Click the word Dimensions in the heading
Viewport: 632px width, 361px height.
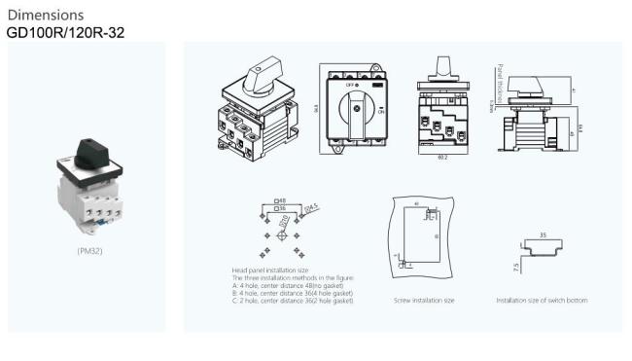tap(45, 15)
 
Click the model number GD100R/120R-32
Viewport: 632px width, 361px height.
tap(65, 32)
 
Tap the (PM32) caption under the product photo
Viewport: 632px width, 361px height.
tap(91, 250)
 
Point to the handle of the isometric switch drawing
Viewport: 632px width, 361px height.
tap(263, 72)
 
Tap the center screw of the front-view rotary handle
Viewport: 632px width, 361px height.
tap(357, 110)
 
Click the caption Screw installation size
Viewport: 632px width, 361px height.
tap(424, 301)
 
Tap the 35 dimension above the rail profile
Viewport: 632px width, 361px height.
tap(544, 235)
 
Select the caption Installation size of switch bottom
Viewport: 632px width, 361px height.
tap(542, 301)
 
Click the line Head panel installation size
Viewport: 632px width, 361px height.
tap(270, 270)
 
